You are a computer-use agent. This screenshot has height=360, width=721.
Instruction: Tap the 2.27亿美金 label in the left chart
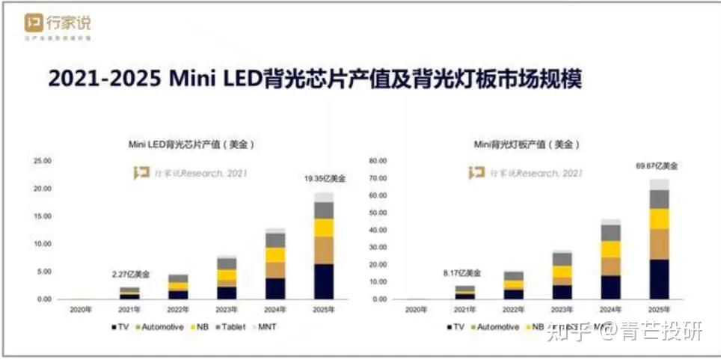click(130, 275)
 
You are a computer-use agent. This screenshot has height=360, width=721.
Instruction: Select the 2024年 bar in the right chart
click(611, 259)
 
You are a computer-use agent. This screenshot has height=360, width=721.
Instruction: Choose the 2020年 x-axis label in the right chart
click(415, 308)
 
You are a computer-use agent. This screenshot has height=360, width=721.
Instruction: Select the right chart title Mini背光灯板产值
click(527, 144)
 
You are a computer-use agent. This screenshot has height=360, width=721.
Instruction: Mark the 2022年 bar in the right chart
click(514, 285)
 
